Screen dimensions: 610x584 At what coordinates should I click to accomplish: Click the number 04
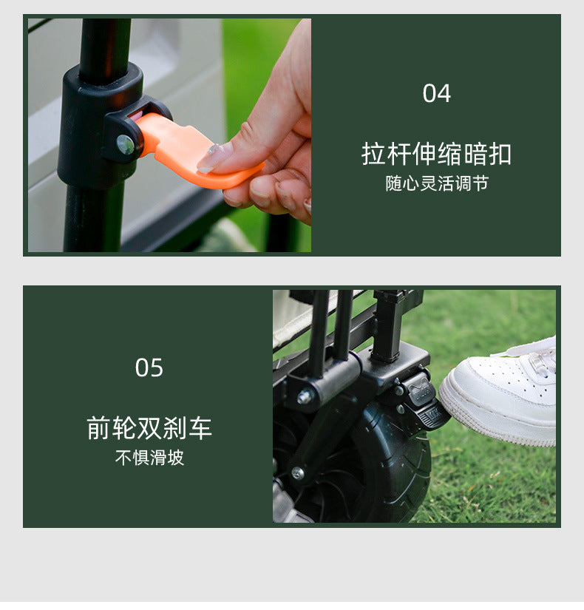pyautogui.click(x=436, y=94)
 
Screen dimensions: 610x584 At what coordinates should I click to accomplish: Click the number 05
pyautogui.click(x=149, y=367)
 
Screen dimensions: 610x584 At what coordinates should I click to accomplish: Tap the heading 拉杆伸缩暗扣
pyautogui.click(x=436, y=154)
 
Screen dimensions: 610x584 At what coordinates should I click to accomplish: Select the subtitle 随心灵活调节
pyautogui.click(x=436, y=183)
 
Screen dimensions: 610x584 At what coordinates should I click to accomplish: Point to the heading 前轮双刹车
pyautogui.click(x=149, y=428)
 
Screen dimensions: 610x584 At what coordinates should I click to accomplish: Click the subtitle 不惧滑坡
pyautogui.click(x=149, y=458)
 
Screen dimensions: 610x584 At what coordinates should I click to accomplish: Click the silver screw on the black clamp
pyautogui.click(x=126, y=144)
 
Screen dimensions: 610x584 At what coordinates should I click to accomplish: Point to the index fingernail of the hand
pyautogui.click(x=215, y=157)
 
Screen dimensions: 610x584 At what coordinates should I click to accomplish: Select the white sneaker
pyautogui.click(x=503, y=392)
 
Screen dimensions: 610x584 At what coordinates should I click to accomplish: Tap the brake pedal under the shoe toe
pyautogui.click(x=429, y=414)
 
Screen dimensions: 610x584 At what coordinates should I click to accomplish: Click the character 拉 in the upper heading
pyautogui.click(x=373, y=154)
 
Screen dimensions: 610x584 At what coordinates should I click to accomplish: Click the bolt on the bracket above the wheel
pyautogui.click(x=305, y=397)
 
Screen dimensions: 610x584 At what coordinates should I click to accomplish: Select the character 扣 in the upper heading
pyautogui.click(x=500, y=154)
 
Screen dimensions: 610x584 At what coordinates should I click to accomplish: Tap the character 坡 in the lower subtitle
pyautogui.click(x=175, y=458)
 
